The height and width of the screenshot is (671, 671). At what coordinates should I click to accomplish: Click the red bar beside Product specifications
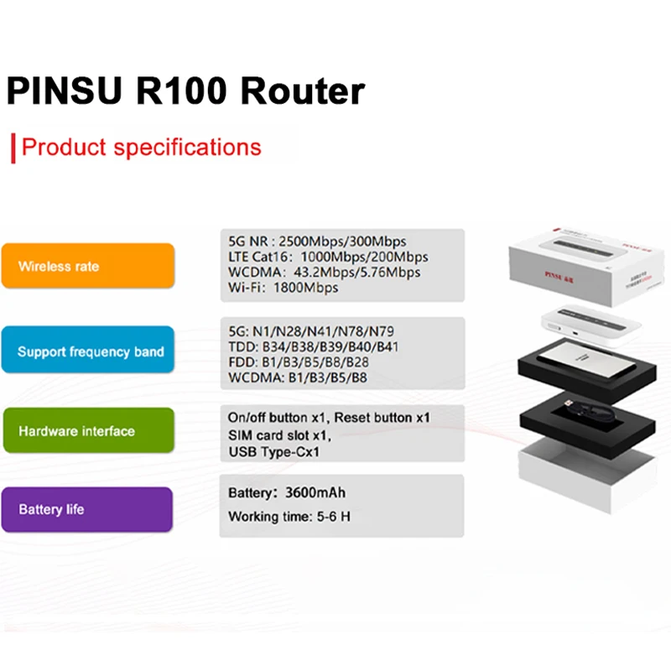coord(13,148)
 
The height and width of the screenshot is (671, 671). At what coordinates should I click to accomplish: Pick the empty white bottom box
coord(587,474)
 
